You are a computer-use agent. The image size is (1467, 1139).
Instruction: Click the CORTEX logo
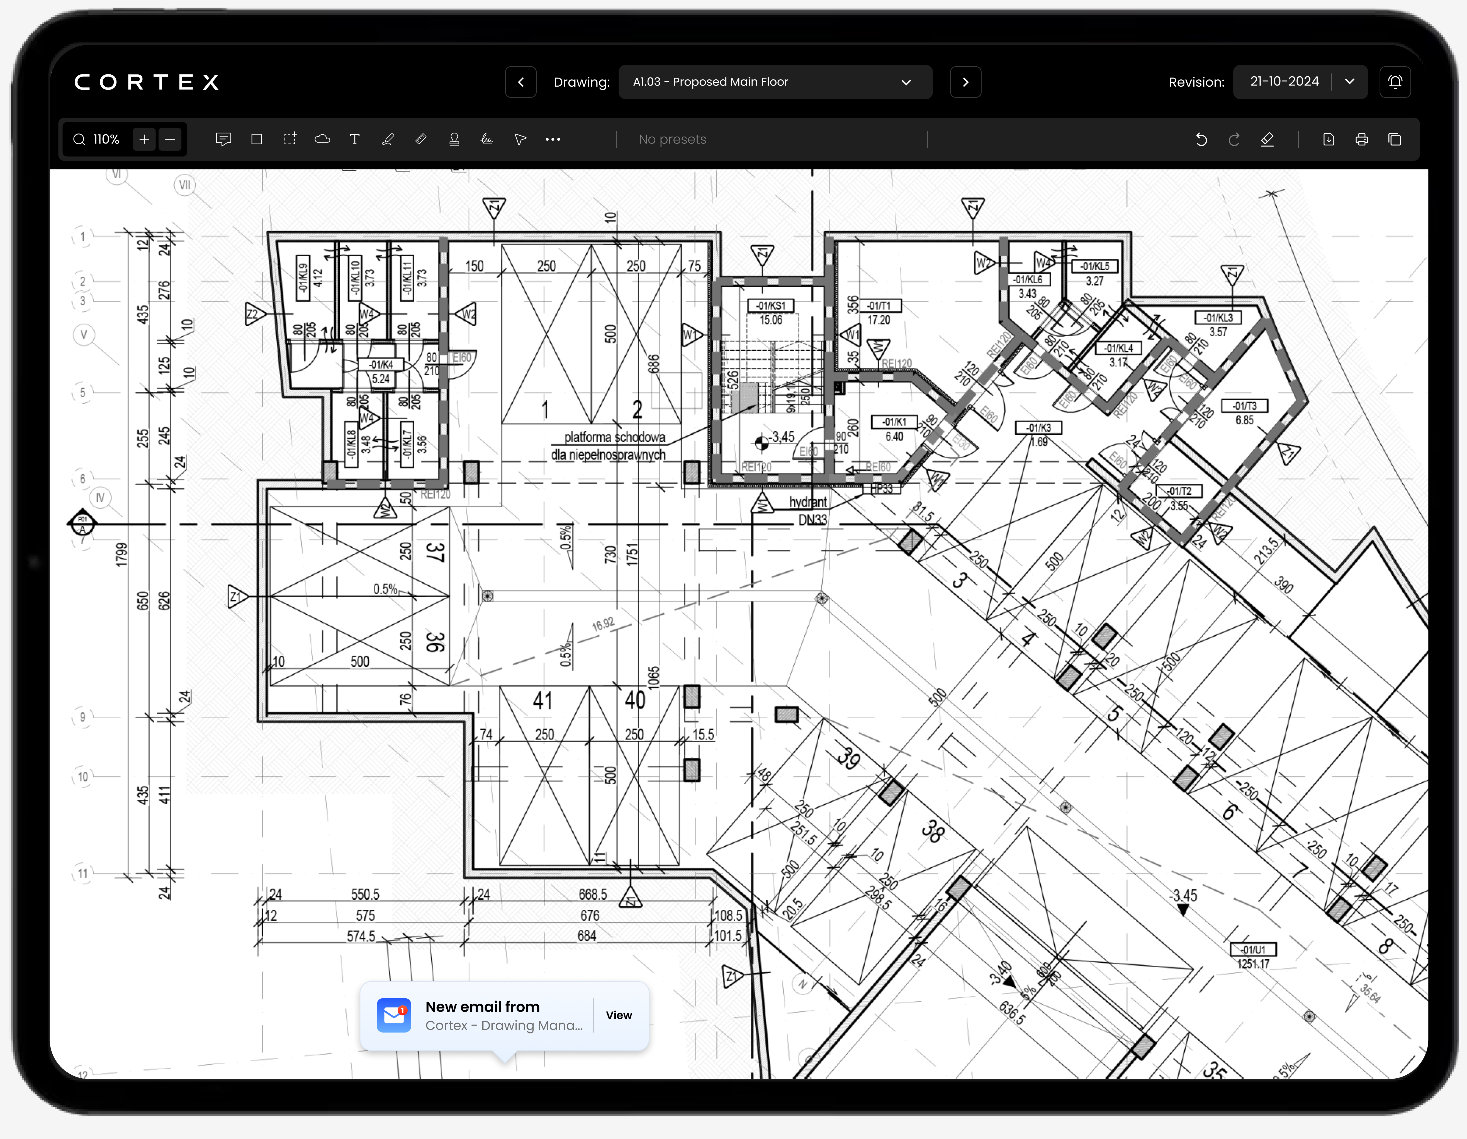[x=147, y=82]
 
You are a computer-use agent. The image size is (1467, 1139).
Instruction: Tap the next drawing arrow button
[x=965, y=82]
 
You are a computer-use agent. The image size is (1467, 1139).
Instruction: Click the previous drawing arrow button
[x=520, y=82]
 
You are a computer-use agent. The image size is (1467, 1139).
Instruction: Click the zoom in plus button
[x=144, y=139]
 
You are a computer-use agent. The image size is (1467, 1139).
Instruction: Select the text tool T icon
[x=355, y=139]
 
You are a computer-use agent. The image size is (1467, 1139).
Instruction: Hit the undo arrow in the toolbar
[x=1201, y=139]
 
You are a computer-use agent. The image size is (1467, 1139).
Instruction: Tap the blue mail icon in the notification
[x=394, y=1015]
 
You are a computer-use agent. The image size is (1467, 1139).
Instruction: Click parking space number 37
[x=435, y=552]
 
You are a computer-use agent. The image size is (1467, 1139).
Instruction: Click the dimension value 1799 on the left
[x=121, y=555]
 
